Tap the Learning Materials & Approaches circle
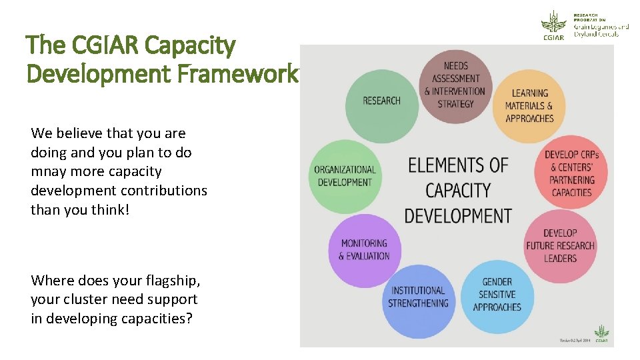(529, 106)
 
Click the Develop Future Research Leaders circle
(560, 245)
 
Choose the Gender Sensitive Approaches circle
(497, 295)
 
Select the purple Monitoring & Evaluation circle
(364, 249)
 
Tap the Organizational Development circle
(345, 176)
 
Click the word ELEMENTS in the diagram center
(458, 165)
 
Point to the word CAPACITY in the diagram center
(458, 191)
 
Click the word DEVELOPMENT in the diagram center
(458, 216)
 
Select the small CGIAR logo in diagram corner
(601, 334)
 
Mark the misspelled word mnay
(51, 171)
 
